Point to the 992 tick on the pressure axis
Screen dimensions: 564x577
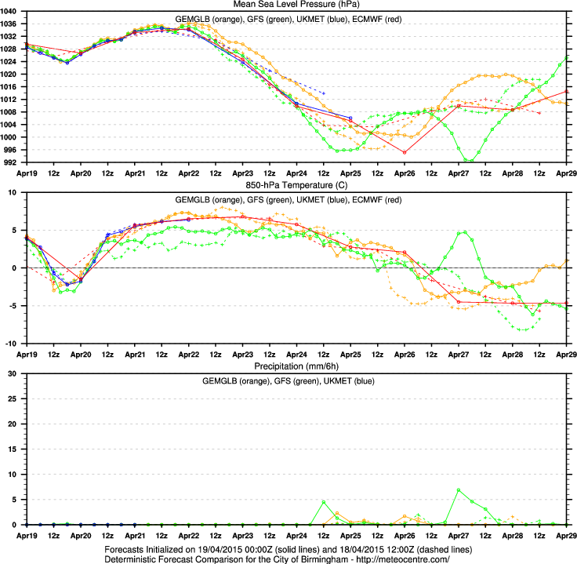(14, 162)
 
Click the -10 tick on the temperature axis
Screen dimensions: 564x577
(15, 344)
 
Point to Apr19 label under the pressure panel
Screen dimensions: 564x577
(27, 173)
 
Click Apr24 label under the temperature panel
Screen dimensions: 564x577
(296, 353)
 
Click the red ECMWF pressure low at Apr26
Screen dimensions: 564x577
(405, 152)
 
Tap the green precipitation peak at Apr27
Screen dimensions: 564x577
(459, 490)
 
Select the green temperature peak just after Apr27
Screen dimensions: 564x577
(465, 231)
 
